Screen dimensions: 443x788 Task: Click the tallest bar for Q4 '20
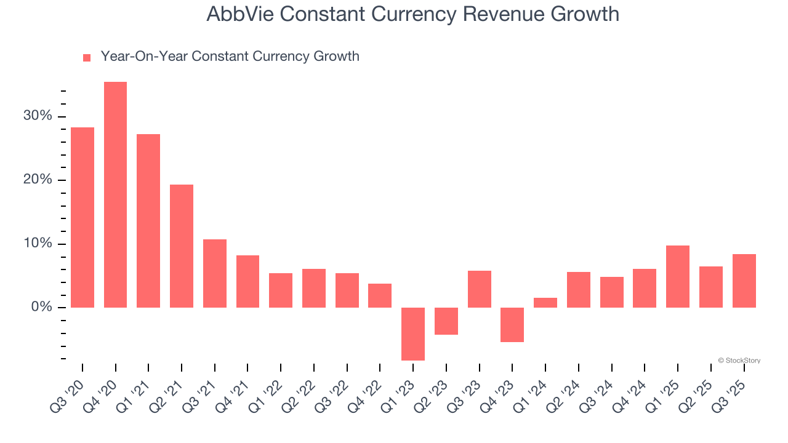[115, 194]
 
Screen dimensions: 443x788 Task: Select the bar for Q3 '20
[82, 217]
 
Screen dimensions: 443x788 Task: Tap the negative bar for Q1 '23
[413, 333]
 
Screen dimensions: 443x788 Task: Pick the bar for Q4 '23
[512, 324]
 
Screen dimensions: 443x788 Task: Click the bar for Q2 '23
[446, 321]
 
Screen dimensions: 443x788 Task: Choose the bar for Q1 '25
[678, 276]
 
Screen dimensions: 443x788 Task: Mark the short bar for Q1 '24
[545, 302]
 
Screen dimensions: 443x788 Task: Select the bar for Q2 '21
[182, 245]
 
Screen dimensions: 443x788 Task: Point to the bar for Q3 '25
[744, 281]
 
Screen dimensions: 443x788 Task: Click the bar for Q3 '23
[480, 289]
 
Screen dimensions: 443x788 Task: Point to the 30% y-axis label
[38, 116]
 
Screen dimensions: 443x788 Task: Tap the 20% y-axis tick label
[38, 180]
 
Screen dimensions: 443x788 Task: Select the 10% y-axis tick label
[38, 244]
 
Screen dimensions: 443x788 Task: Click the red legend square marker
[87, 57]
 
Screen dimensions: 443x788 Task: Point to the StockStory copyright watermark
[739, 361]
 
